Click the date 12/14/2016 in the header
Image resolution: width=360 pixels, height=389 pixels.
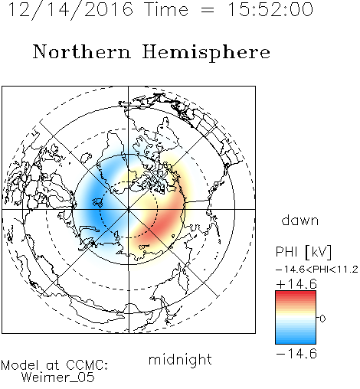click(70, 9)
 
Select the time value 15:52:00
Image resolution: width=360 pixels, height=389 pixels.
click(270, 9)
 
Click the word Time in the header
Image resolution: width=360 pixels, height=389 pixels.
click(166, 9)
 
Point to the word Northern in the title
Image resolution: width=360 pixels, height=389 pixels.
click(81, 52)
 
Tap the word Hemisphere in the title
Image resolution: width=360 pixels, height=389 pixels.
click(206, 52)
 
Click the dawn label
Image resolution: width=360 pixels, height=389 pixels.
click(300, 221)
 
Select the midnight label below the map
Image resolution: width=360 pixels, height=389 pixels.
click(180, 359)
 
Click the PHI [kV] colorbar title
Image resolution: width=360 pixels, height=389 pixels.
click(303, 252)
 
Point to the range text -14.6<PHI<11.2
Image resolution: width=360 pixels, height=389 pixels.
click(317, 270)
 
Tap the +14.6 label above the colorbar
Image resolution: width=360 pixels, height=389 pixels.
click(296, 284)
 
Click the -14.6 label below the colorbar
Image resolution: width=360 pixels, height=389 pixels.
click(296, 354)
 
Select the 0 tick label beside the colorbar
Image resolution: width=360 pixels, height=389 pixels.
click(322, 319)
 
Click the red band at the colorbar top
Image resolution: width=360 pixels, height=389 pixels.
click(296, 294)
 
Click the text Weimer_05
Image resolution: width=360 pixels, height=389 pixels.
click(58, 377)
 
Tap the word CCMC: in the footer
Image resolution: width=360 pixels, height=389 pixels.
click(87, 364)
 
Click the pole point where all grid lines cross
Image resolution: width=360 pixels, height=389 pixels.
click(129, 209)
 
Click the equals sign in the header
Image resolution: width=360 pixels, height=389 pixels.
click(208, 10)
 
